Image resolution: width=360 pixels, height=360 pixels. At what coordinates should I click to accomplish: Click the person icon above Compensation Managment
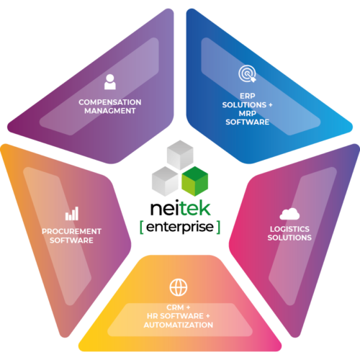[x=110, y=82]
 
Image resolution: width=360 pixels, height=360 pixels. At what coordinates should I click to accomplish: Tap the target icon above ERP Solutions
[x=247, y=74]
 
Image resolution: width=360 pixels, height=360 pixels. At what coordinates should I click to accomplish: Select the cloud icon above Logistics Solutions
[x=289, y=214]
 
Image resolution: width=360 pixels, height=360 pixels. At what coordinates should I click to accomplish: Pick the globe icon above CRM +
[x=179, y=287]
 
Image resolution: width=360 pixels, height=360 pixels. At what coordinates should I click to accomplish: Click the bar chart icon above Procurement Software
[x=72, y=214]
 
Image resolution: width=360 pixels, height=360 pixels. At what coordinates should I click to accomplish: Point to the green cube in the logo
[x=195, y=181]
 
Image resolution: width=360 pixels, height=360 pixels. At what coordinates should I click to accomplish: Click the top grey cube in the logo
[x=180, y=155]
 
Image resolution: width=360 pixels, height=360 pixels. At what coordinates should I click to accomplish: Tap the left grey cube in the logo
[x=165, y=181]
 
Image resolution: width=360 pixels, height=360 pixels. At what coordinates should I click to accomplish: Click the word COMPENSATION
[x=110, y=102]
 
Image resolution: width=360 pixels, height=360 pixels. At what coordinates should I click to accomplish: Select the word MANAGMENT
[x=110, y=111]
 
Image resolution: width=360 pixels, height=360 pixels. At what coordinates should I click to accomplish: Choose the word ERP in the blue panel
[x=248, y=96]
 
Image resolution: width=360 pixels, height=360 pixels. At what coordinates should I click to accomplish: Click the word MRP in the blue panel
[x=248, y=113]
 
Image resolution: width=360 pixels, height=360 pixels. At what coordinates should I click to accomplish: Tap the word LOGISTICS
[x=289, y=229]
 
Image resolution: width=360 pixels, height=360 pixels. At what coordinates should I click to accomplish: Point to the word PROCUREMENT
[x=71, y=231]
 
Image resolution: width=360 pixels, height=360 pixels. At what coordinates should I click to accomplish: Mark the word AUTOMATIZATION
[x=179, y=325]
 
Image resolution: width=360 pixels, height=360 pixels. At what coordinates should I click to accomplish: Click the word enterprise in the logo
[x=180, y=228]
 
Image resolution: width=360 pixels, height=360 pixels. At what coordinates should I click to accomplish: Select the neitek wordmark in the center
[x=180, y=208]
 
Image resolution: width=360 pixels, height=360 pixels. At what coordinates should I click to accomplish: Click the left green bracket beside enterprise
[x=142, y=228]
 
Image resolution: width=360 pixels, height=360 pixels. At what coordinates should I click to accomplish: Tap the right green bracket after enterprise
[x=218, y=228]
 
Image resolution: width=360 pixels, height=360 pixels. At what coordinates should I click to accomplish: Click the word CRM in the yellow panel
[x=175, y=307]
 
